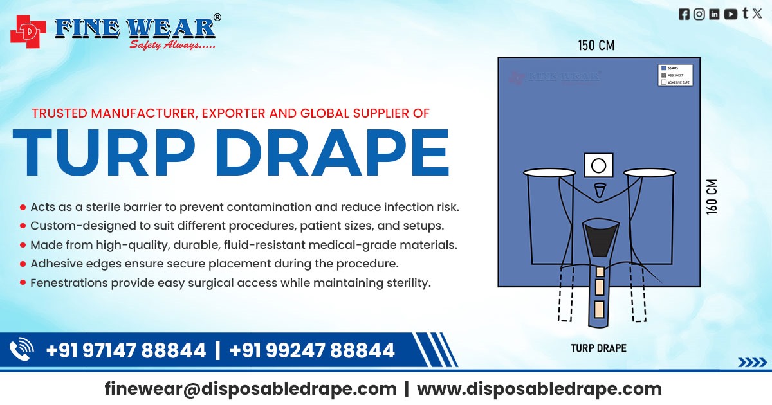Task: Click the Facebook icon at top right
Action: pos(684,14)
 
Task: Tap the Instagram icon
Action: pos(699,14)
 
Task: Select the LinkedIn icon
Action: pos(714,14)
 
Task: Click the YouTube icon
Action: pos(730,14)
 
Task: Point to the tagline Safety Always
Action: pos(172,44)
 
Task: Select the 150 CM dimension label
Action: pos(595,46)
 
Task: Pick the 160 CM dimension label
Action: pos(712,197)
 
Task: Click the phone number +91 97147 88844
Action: pos(126,350)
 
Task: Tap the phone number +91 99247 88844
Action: pos(311,350)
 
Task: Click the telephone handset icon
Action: pos(22,350)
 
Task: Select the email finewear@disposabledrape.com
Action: pos(250,389)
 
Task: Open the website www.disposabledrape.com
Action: pos(539,389)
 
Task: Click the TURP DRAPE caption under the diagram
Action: pos(598,348)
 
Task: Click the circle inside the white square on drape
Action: pos(598,166)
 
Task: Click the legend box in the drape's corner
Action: pos(675,75)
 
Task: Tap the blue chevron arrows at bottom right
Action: pos(751,363)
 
